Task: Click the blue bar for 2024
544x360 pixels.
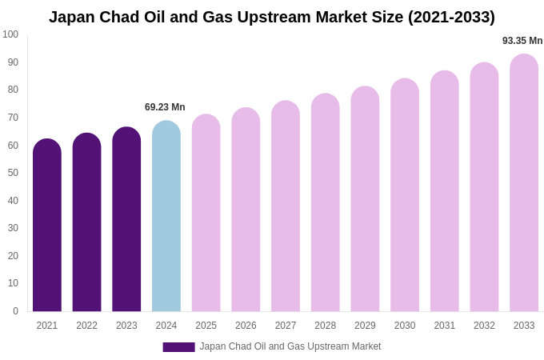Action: [166, 216]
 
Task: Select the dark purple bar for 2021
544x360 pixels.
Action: [47, 225]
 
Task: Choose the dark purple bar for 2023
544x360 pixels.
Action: [126, 219]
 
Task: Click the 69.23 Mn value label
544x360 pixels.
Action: [165, 107]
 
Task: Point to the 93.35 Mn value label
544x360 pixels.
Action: [522, 41]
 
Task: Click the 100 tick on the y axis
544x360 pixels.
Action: [10, 34]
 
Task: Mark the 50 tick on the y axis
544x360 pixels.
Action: [13, 173]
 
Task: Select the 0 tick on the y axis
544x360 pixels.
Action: [15, 311]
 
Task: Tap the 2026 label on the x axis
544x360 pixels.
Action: [246, 326]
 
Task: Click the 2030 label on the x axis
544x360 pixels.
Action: [405, 326]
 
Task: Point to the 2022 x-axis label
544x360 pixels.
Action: [87, 326]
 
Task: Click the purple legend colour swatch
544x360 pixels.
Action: [178, 347]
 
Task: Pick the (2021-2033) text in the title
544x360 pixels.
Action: [451, 17]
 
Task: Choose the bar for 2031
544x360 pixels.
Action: [445, 191]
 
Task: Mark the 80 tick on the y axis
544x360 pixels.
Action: [13, 90]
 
